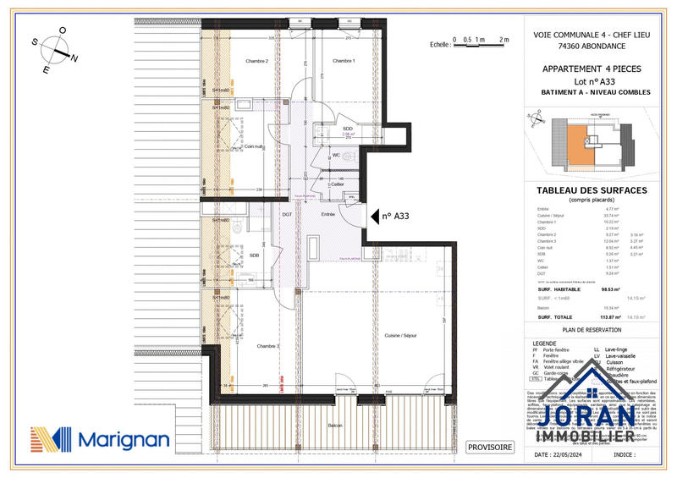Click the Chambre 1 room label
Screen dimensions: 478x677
coord(343,61)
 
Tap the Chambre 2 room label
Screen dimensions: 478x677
coord(256,61)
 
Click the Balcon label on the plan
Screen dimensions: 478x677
coord(337,425)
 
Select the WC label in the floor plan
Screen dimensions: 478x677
coord(336,156)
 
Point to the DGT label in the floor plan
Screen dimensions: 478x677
coord(287,215)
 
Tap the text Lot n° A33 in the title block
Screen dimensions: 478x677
coord(592,81)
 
